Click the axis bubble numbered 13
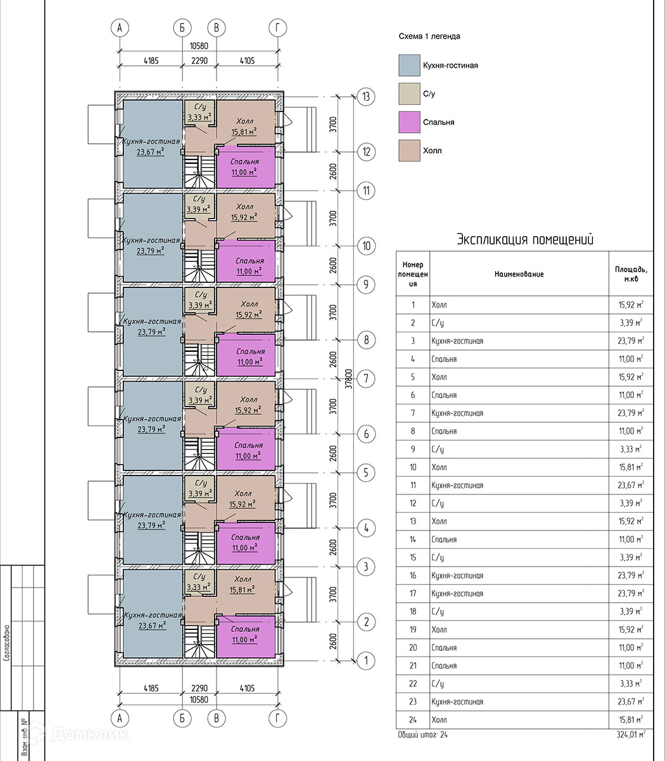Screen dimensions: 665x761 click(x=365, y=97)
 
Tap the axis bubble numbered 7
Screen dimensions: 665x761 click(x=365, y=379)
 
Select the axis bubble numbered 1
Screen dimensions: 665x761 click(x=365, y=661)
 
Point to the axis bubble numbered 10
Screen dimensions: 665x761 click(x=365, y=246)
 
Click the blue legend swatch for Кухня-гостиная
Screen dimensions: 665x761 click(x=409, y=65)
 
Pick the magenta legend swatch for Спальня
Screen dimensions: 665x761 click(x=409, y=122)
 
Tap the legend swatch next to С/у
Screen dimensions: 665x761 click(x=409, y=94)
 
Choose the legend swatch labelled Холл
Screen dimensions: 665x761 click(x=409, y=151)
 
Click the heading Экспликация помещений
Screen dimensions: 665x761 click(x=525, y=240)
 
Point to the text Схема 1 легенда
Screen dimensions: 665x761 click(x=429, y=37)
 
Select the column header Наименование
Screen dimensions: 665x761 click(x=519, y=274)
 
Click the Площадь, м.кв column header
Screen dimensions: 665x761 click(x=631, y=274)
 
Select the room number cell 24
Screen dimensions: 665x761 click(x=413, y=720)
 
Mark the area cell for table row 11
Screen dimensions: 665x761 click(x=631, y=486)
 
